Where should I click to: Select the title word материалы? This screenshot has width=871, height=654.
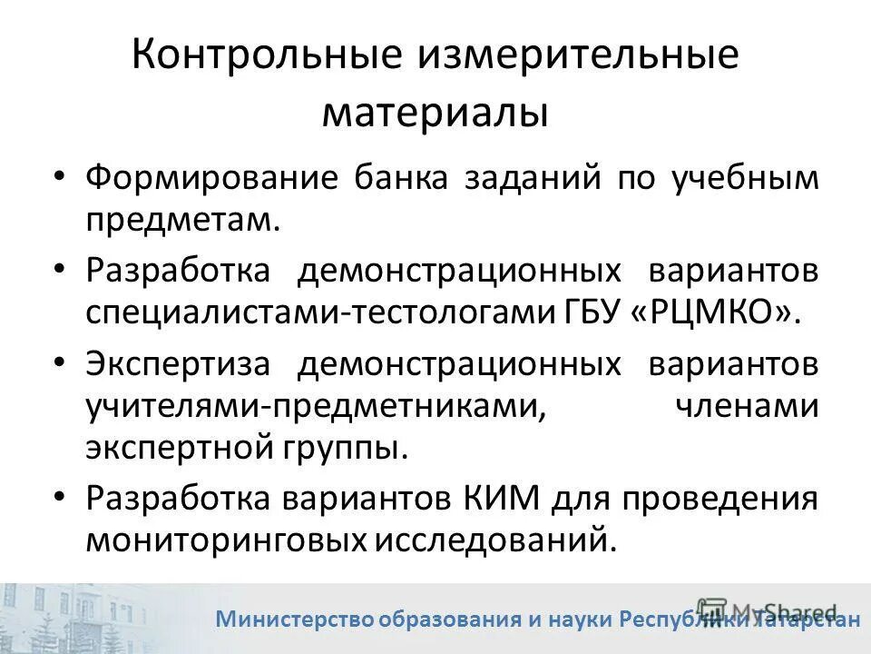pyautogui.click(x=435, y=114)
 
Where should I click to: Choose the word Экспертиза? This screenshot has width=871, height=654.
pyautogui.click(x=178, y=363)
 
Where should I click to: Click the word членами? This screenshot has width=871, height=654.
pyautogui.click(x=747, y=406)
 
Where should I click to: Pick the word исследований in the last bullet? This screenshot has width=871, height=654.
pyautogui.click(x=488, y=540)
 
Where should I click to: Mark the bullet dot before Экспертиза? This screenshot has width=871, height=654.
pyautogui.click(x=60, y=362)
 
